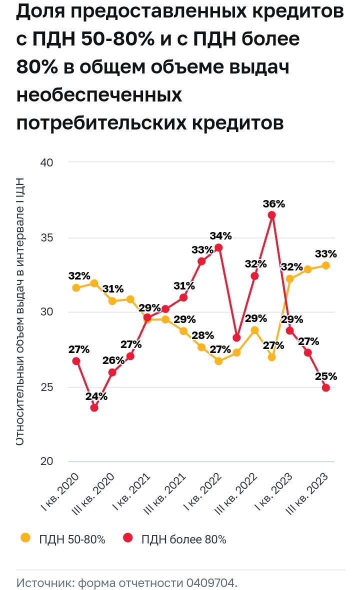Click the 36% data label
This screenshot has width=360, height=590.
273,204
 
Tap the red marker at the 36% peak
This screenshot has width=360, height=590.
272,215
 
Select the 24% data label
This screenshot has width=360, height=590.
96,396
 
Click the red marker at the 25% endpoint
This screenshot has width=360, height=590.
326,387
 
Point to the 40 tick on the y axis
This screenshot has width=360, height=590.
46,162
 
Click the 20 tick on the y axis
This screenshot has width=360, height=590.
46,461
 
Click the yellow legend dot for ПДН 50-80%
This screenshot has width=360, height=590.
25,538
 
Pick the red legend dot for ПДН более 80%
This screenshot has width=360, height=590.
128,538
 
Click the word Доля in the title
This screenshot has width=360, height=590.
43,12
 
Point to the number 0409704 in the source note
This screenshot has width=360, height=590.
211,583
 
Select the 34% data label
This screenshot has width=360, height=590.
220,236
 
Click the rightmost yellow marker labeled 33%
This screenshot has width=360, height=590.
326,265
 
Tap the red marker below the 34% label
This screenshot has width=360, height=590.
218,247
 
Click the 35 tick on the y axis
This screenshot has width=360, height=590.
46,237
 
